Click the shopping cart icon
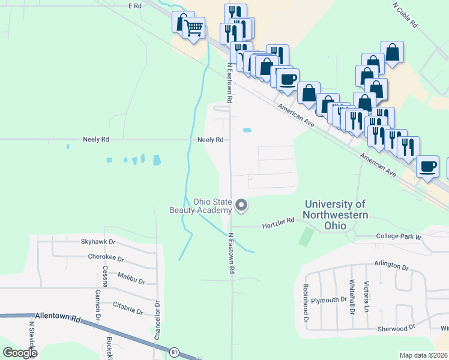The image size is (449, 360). [193, 27]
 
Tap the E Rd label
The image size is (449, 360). [134, 5]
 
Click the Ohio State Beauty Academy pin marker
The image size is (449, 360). [241, 205]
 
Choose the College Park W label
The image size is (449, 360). [399, 237]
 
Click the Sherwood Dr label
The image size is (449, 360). [396, 328]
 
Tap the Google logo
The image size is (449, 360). [20, 353]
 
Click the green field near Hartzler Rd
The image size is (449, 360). [306, 236]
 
